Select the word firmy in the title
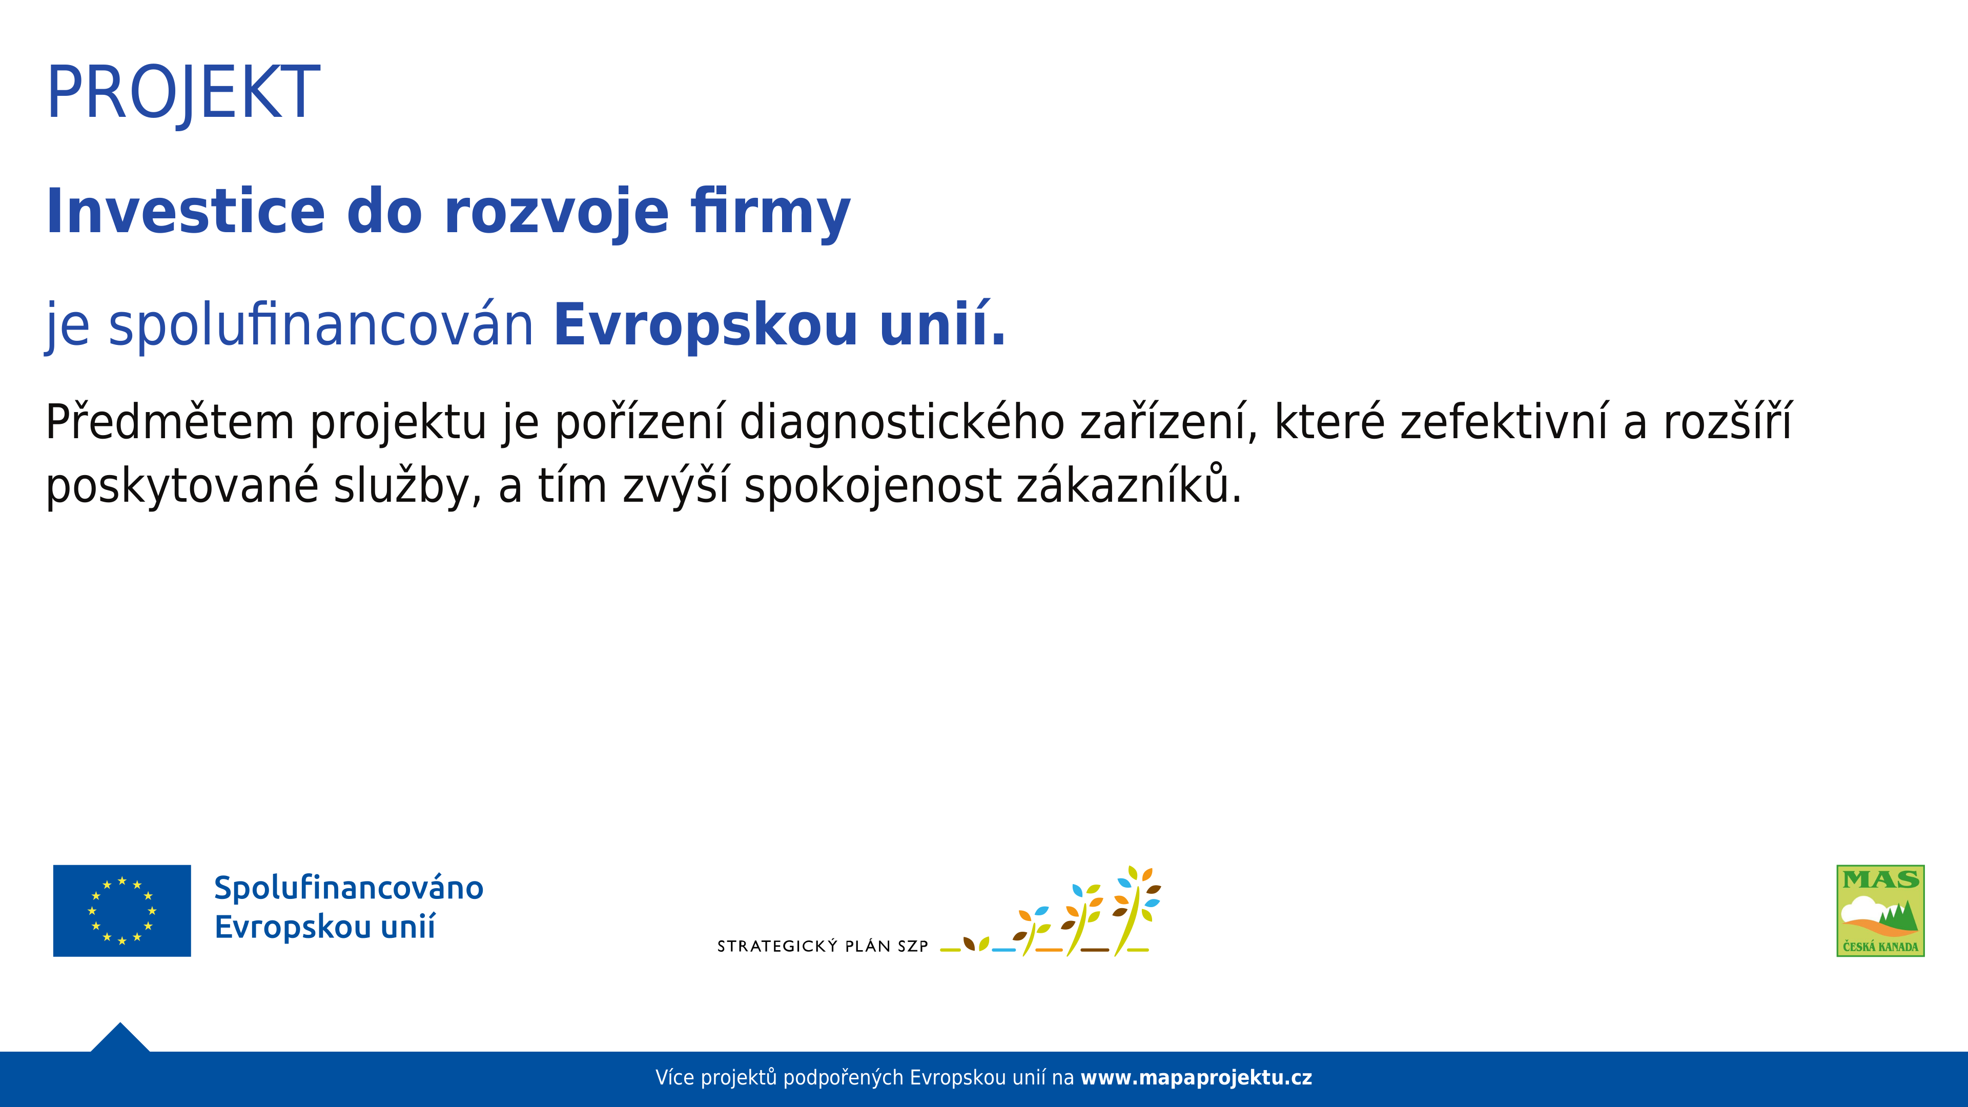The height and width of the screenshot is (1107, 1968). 770,214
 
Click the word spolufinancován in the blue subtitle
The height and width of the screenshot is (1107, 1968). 321,325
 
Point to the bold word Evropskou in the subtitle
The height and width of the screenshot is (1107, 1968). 705,325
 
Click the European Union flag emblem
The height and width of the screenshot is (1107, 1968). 122,911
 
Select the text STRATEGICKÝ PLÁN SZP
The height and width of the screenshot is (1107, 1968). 822,947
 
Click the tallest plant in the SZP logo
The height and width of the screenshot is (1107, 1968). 1137,911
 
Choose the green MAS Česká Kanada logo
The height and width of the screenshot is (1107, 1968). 1880,911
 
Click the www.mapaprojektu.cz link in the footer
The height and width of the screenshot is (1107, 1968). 1196,1078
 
